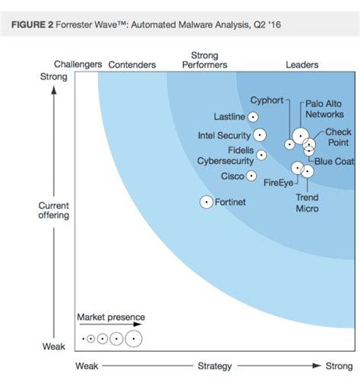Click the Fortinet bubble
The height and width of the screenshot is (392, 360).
[206, 202]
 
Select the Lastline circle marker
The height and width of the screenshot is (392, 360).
[254, 116]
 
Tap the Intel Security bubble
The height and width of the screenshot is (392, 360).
[260, 135]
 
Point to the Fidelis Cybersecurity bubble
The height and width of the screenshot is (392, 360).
[261, 155]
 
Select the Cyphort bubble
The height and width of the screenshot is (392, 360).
[289, 143]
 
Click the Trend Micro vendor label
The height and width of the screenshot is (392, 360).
[307, 203]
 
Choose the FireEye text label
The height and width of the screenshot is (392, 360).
[277, 182]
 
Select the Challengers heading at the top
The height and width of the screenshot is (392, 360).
[77, 65]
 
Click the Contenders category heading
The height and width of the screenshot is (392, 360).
[132, 65]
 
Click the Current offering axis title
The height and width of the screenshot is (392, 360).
[54, 210]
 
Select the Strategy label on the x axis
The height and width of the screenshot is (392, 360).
[214, 366]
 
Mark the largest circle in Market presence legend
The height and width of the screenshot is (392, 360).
[134, 338]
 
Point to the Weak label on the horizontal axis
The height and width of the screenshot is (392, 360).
[87, 366]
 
